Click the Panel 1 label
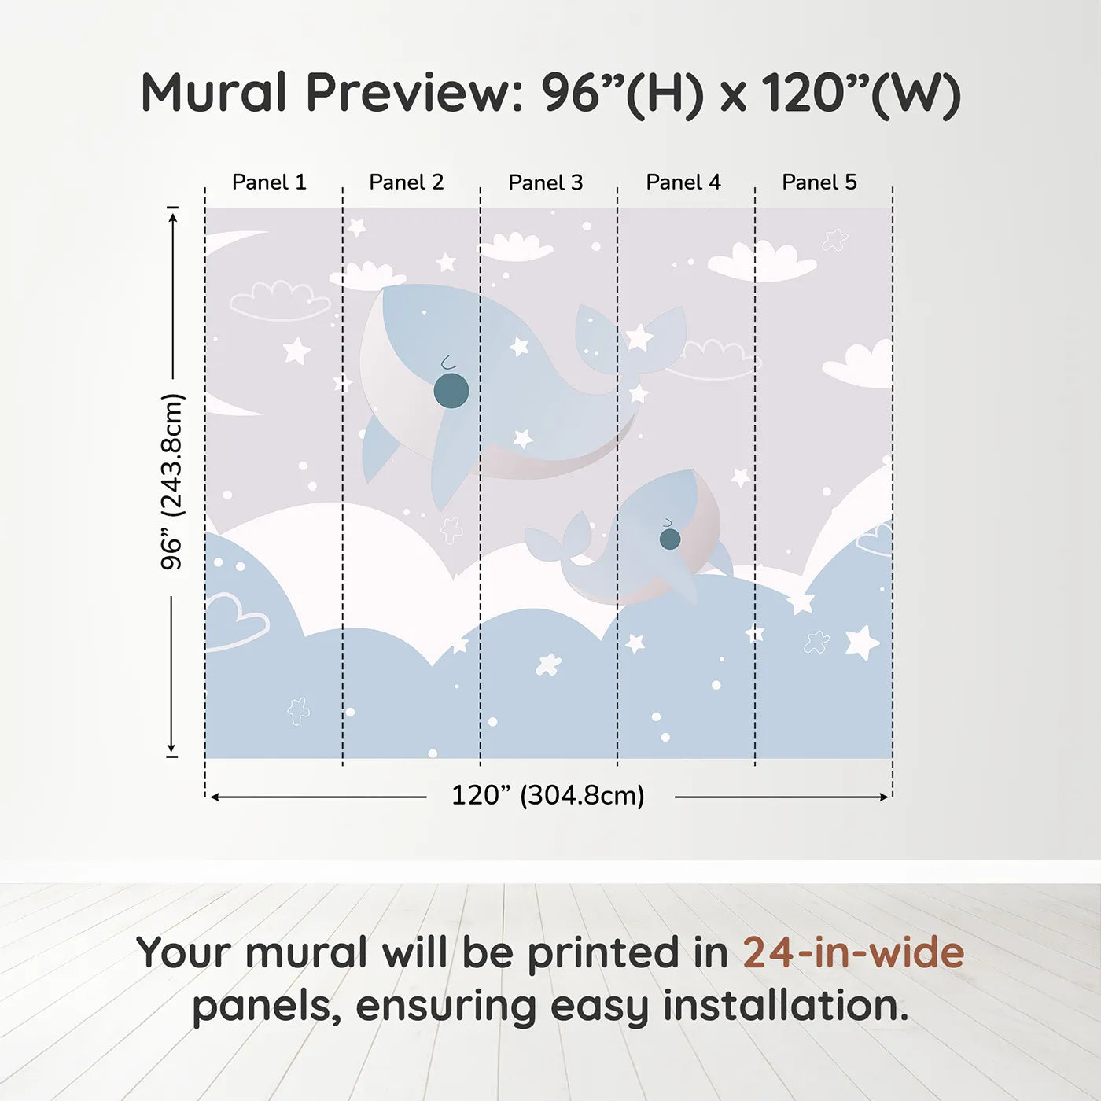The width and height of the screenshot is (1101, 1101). tap(269, 182)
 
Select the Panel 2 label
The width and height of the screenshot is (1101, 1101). tap(407, 182)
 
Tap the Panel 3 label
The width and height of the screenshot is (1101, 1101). tap(546, 182)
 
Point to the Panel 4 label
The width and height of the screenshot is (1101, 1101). tap(683, 182)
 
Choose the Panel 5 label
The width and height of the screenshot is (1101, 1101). tap(819, 182)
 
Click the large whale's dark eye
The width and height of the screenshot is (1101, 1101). tap(451, 391)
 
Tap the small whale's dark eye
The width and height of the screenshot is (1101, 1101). tap(670, 539)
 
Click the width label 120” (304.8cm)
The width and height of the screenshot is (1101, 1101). tap(548, 795)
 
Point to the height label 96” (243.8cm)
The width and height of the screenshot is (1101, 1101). tap(172, 481)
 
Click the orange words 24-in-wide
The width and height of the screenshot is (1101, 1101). tap(853, 952)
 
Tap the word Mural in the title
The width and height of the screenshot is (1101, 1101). tap(214, 93)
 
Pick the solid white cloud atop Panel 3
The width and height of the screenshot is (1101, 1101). tap(515, 246)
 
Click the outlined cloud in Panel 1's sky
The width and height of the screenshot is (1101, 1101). tap(280, 300)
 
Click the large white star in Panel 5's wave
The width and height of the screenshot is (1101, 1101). tap(862, 643)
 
